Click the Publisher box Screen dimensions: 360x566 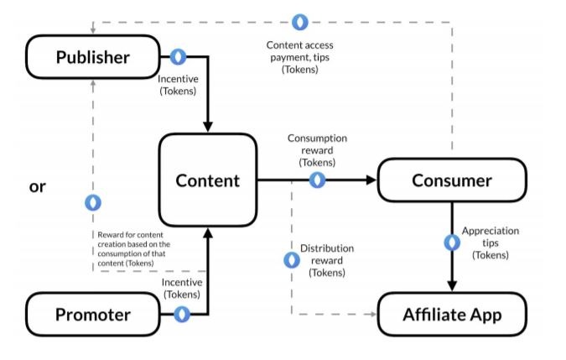(92, 57)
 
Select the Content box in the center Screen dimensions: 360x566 (207, 180)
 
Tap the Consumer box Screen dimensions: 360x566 (451, 180)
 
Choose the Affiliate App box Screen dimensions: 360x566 (451, 316)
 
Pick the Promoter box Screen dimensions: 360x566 (92, 315)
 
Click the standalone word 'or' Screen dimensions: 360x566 (37, 186)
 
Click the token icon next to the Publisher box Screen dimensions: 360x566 (179, 57)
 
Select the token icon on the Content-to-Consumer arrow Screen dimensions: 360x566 (317, 180)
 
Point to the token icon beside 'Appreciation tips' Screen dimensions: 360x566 (451, 242)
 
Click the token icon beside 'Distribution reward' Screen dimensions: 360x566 (291, 260)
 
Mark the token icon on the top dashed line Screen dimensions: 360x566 (299, 21)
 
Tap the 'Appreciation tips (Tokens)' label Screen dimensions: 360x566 (491, 243)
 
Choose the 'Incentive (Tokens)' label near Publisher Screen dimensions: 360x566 (178, 86)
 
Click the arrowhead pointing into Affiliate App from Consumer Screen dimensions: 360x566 (451, 285)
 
